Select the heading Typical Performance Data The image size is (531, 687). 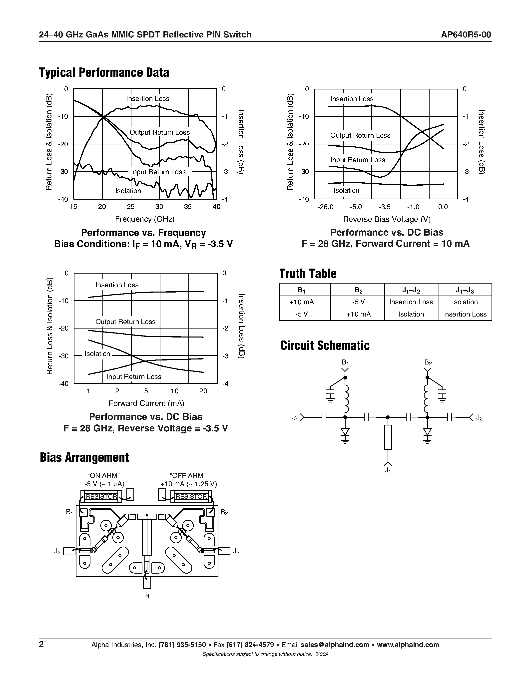pos(104,73)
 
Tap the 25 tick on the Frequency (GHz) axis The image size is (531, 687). pos(130,207)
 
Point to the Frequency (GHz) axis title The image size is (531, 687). pos(145,219)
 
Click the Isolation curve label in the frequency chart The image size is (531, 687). pos(128,191)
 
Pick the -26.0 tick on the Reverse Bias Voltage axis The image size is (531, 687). pos(325,207)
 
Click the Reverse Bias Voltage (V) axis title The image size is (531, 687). pos(387,219)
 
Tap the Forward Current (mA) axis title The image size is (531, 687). pos(146,403)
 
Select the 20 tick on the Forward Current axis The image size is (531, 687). pos(203,391)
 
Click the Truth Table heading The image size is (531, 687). pos(308,273)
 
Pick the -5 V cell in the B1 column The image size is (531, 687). pos(301,314)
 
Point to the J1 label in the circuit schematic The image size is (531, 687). pos(388,471)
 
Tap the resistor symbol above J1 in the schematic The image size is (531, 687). pos(388,437)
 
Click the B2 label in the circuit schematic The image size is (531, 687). pos(428,362)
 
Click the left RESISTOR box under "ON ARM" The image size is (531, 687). pos(101,496)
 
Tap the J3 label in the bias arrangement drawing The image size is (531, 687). pos(57,551)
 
